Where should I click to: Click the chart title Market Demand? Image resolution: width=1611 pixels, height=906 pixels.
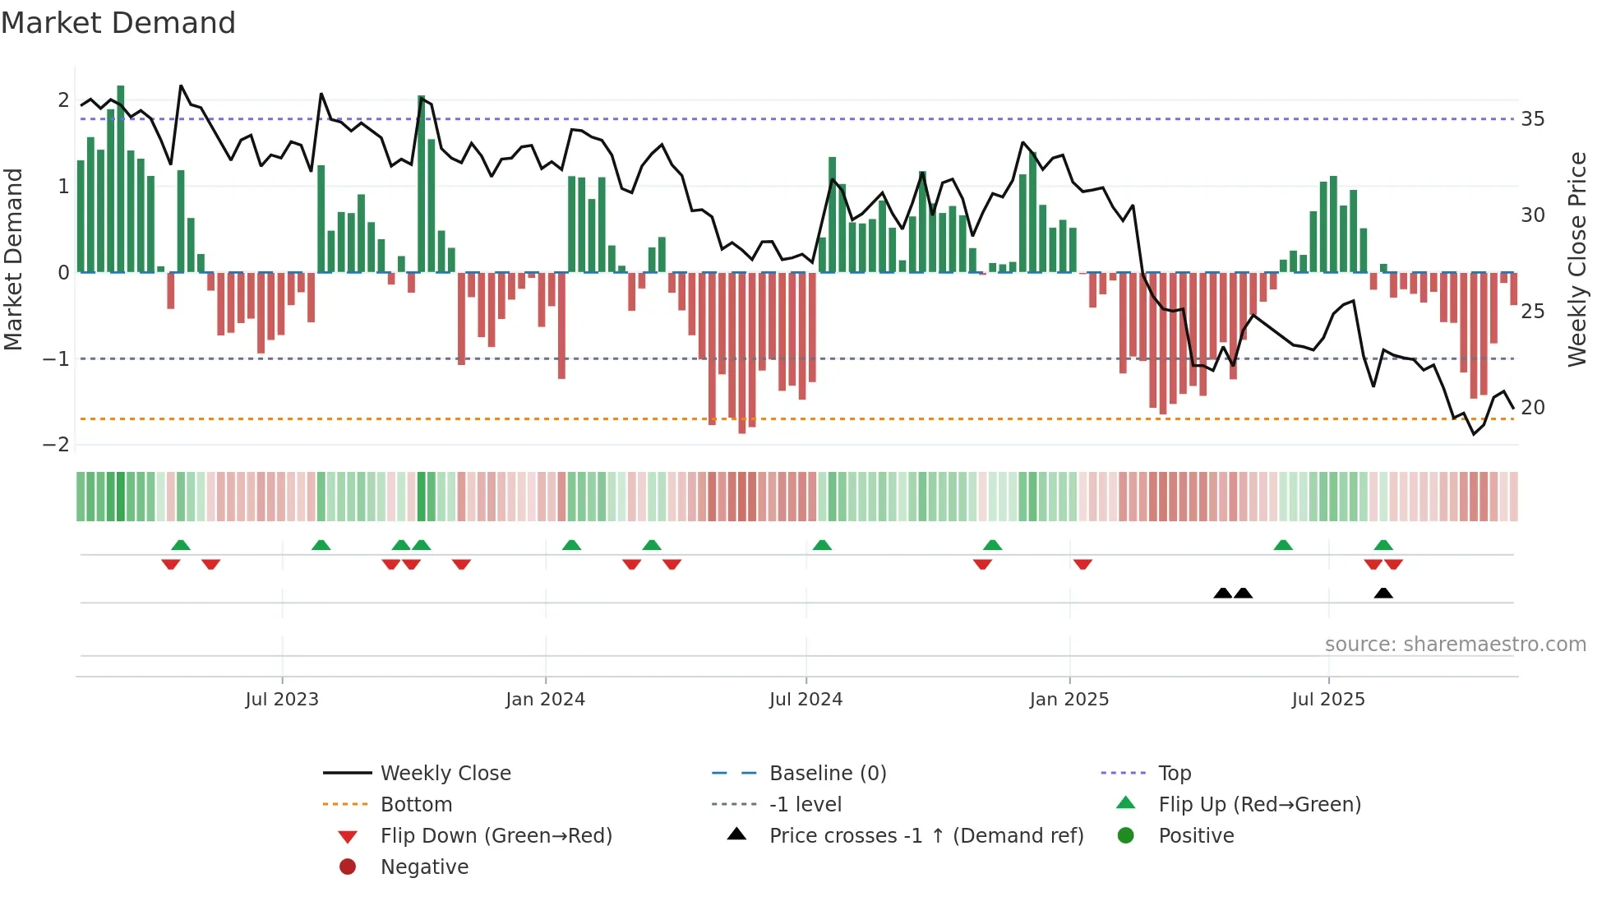point(118,23)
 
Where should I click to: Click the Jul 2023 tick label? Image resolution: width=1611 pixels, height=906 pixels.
point(282,700)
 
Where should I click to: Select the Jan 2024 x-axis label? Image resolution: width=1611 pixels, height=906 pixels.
point(545,700)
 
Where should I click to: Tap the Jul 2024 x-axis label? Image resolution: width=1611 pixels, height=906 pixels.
point(805,700)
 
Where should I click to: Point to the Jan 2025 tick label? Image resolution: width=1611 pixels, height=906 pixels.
point(1069,700)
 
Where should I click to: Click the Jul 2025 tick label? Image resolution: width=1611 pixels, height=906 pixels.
point(1328,700)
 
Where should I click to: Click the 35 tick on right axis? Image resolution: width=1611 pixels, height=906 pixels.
point(1532,119)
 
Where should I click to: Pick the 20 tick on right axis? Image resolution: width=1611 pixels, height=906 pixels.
point(1532,408)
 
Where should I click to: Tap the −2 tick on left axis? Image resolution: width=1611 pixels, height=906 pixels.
point(56,445)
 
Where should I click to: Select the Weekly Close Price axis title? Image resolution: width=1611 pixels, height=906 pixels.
point(1576,259)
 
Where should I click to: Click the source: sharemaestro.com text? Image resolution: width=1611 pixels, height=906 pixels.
point(1455,645)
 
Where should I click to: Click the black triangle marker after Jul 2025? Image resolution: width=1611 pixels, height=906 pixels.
point(1383,594)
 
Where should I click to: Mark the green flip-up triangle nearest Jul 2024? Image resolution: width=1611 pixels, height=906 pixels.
point(822,545)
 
